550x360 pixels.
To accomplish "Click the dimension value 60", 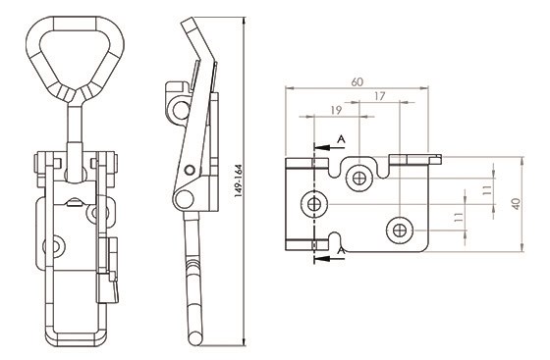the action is click(357, 82).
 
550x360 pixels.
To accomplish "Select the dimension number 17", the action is click(379, 96).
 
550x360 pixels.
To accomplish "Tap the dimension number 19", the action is click(336, 110).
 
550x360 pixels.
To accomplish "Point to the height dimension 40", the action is click(517, 204).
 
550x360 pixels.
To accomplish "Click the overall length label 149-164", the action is click(239, 180).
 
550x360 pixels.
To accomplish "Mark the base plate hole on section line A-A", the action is click(314, 204).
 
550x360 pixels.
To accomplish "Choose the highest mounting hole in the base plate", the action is click(359, 179).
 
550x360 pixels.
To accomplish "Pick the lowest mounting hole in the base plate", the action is click(400, 231).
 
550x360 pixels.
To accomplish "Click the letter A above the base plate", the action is click(341, 139).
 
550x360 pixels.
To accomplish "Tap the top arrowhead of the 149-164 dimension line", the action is click(244, 21).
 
